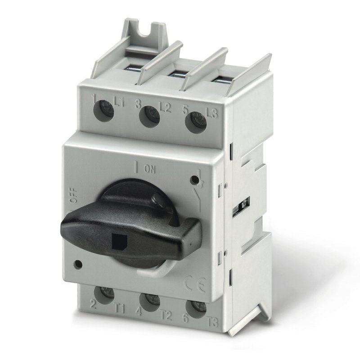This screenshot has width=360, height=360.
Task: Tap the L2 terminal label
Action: tap(165, 107)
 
